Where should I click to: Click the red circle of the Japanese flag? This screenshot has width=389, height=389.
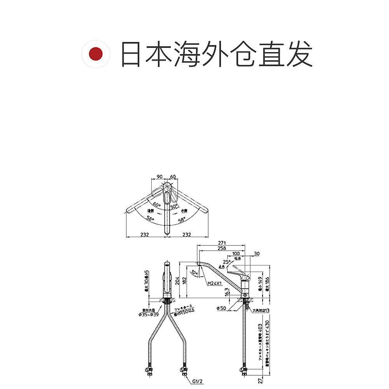pos(95,54)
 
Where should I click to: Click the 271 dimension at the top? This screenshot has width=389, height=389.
pos(222,243)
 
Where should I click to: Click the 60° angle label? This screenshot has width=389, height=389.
pos(156,204)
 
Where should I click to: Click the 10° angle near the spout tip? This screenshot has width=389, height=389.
pos(194,272)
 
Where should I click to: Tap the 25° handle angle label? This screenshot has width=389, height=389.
pos(226,261)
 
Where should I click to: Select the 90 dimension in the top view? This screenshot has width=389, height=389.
pos(159,177)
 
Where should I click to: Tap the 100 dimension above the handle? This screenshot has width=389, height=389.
pos(236,254)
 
